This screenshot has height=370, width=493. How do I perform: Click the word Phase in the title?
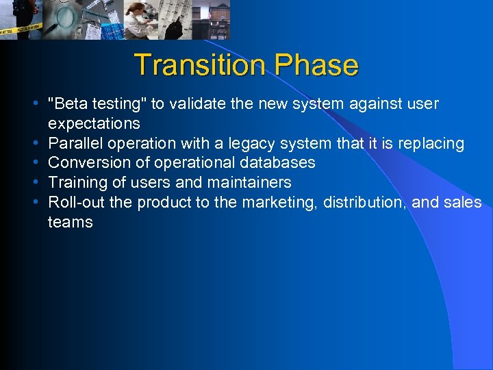click(316, 65)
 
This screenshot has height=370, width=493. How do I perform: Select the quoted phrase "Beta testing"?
click(97, 103)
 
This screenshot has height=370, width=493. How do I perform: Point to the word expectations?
click(94, 123)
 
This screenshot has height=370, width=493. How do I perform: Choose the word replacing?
click(432, 143)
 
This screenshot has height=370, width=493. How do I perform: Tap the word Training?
click(75, 182)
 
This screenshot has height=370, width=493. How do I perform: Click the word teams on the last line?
click(70, 222)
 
